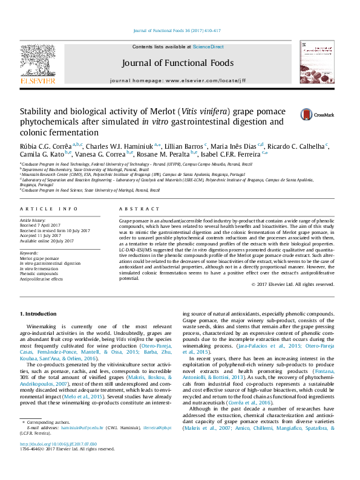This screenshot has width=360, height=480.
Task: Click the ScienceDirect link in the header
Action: click(x=208, y=47)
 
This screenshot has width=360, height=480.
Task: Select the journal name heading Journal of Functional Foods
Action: click(x=179, y=62)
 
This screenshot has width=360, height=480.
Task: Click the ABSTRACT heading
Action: click(x=131, y=209)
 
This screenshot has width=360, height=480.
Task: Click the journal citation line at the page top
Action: click(x=179, y=30)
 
